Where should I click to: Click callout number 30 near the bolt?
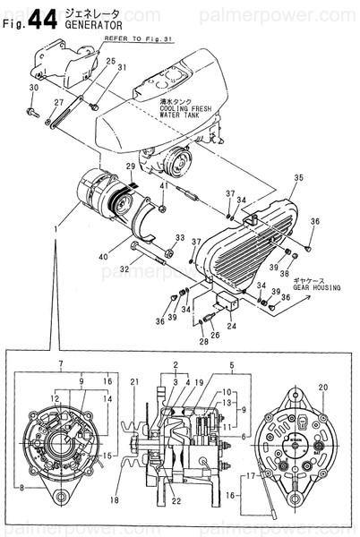click(33, 88)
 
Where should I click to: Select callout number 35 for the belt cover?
click(299, 178)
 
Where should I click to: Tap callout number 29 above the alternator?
click(131, 167)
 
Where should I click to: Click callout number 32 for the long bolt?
click(124, 268)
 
